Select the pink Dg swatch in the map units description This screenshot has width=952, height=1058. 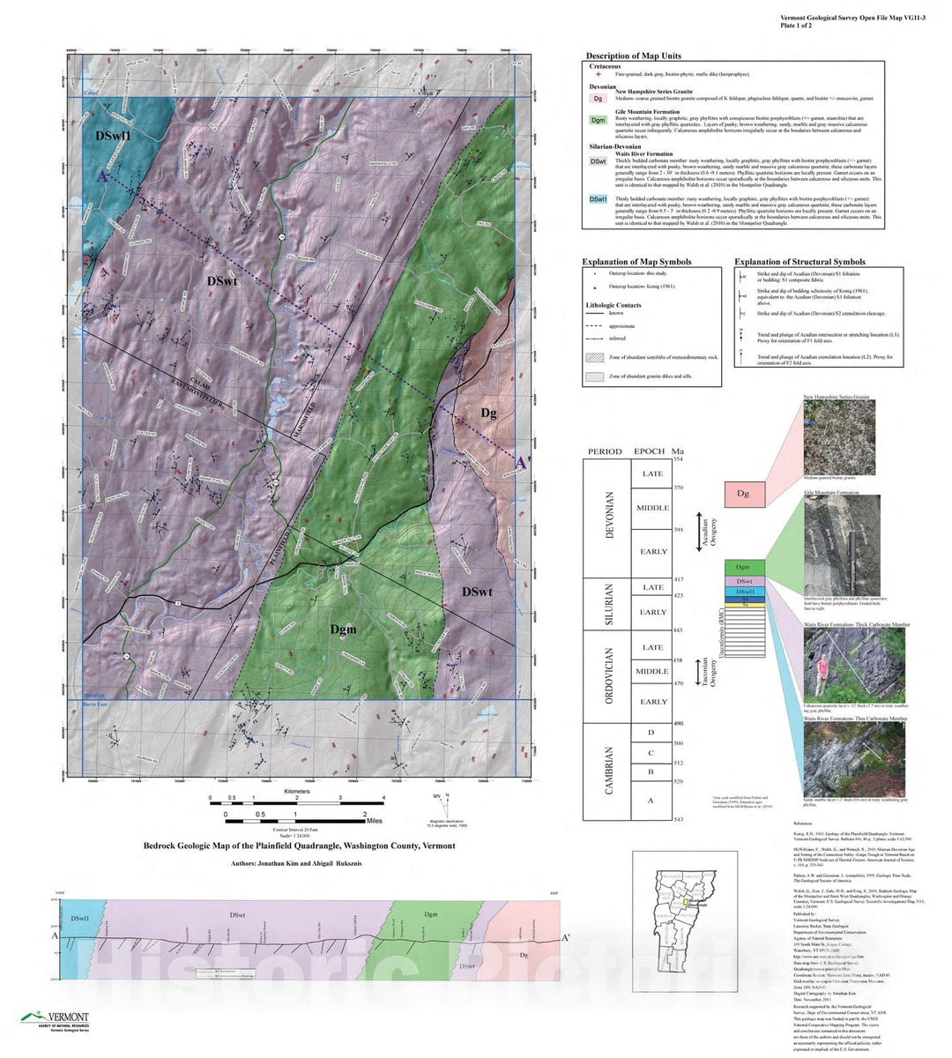tap(598, 99)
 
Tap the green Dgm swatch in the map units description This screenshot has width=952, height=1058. tap(598, 121)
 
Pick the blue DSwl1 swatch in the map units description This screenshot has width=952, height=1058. tap(598, 200)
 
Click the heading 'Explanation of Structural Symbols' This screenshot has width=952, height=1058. tap(800, 262)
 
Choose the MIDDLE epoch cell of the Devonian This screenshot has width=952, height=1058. tap(653, 508)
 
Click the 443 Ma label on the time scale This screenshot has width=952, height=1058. tap(678, 630)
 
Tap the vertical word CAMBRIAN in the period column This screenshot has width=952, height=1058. tap(608, 771)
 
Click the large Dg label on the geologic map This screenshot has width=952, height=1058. tap(489, 413)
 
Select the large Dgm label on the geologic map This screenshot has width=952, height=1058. tap(343, 629)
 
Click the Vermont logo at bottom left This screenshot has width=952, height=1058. tap(55, 1019)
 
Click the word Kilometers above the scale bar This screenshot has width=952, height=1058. tap(297, 792)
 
